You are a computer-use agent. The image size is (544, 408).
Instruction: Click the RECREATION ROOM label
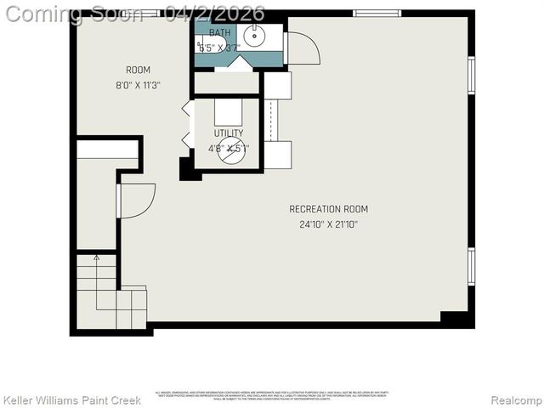pos(328,209)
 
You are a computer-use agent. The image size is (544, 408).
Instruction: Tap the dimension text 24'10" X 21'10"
pos(328,224)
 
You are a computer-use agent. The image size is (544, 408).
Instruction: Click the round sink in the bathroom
pos(252,36)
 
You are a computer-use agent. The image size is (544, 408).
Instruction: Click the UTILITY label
pos(228,133)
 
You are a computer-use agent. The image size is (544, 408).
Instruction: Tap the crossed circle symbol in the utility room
pos(230,151)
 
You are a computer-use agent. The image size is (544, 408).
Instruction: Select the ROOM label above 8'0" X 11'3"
pos(138,70)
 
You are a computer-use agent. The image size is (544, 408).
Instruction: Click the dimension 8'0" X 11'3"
pos(138,85)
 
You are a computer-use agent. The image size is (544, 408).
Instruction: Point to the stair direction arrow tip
pos(96,256)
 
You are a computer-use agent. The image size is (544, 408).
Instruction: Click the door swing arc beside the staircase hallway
pos(136,201)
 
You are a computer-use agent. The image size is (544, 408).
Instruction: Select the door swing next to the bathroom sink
pos(303,48)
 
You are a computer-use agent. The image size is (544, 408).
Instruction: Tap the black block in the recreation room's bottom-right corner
pos(456,319)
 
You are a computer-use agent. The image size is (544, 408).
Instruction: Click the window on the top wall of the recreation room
pos(377,13)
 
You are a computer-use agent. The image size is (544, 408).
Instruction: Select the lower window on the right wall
pos(471,265)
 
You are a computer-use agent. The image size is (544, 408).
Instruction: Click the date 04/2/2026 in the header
pos(216,14)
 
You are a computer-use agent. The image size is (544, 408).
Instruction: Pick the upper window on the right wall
pos(471,73)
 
